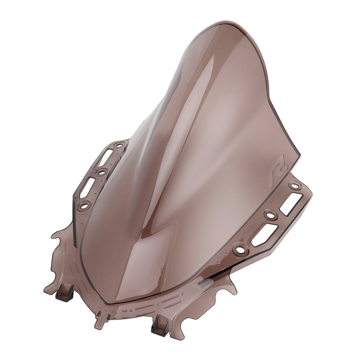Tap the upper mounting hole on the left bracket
(119, 145)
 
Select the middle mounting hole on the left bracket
(102, 171)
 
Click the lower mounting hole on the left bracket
(84, 205)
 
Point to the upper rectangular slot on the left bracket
(106, 157)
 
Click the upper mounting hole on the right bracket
(295, 185)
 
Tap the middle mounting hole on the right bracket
(270, 215)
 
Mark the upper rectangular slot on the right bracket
(290, 203)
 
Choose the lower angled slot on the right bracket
(264, 235)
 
